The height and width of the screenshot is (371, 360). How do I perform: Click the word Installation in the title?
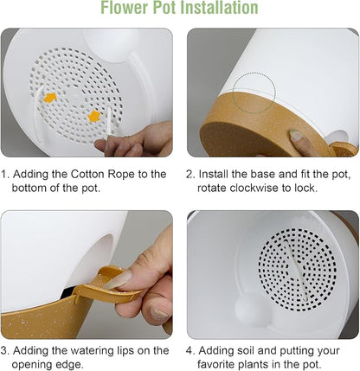219,8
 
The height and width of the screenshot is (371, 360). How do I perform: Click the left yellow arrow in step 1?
50,98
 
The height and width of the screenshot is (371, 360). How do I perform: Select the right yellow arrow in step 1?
94,116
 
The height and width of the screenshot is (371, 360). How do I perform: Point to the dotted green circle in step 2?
254,93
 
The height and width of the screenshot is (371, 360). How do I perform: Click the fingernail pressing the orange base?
296,136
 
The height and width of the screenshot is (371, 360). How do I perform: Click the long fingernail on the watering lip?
118,279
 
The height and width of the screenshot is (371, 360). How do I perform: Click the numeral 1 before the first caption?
4,175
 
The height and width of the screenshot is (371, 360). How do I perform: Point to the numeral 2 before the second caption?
190,175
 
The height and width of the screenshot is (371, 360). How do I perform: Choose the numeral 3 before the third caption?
4,351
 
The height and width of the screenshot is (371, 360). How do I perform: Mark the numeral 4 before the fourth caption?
190,351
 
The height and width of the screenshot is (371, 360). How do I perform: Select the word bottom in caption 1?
29,188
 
